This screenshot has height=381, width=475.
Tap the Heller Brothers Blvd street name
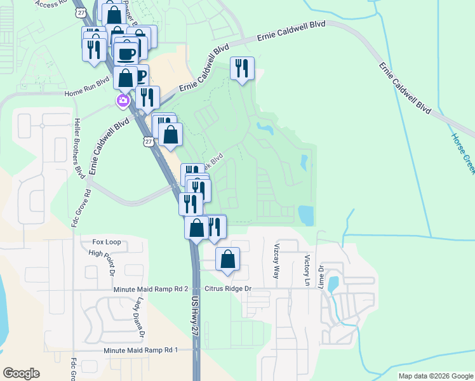(x=79, y=147)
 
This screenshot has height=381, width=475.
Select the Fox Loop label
(x=106, y=242)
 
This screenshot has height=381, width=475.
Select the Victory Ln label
(x=307, y=269)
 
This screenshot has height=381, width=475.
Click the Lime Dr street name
(x=322, y=276)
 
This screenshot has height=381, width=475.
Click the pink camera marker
(x=123, y=100)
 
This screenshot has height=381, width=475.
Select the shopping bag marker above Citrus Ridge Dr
(x=227, y=260)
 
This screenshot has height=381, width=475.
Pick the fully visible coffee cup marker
(x=126, y=53)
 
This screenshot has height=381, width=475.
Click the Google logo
(x=21, y=373)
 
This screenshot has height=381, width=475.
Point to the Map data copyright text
(x=435, y=376)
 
